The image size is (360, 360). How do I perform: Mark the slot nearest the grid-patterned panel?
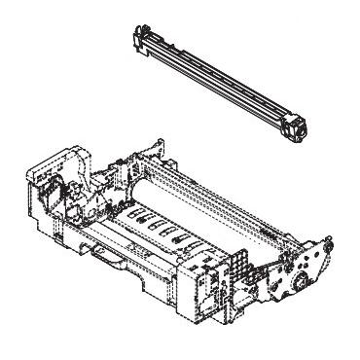195,244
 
